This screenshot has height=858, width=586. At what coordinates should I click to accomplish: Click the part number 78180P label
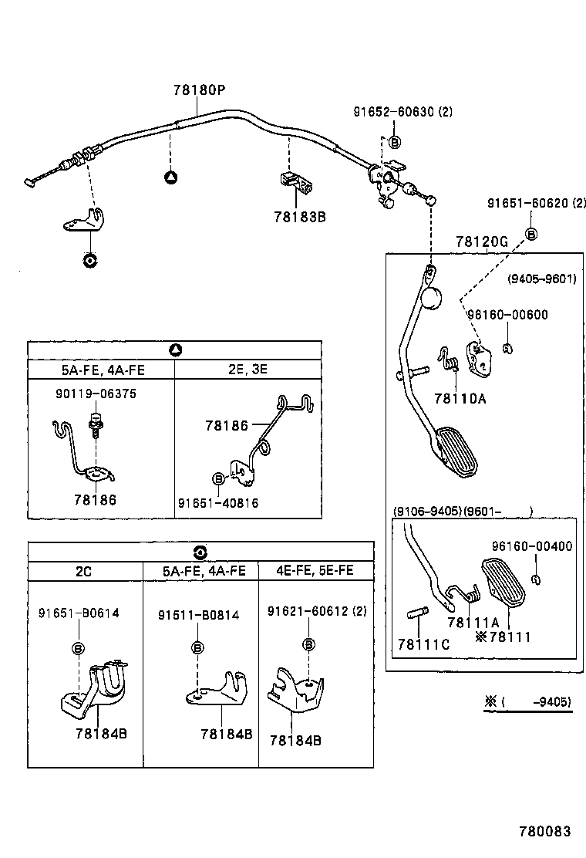[199, 90]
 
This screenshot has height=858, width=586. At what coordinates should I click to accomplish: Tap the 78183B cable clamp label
[299, 217]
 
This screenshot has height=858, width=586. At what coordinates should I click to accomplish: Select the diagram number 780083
[544, 832]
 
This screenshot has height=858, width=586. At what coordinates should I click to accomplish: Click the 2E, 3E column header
[248, 369]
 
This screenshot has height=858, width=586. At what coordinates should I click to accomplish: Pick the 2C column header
[84, 571]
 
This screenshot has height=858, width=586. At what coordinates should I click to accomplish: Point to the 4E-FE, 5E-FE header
[315, 571]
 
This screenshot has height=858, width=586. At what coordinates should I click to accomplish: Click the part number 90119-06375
[96, 394]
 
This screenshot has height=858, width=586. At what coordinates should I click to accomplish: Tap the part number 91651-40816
[218, 503]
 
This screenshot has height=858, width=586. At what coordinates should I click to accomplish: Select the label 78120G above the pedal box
[481, 242]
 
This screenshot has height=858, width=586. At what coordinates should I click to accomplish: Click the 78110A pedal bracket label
[460, 398]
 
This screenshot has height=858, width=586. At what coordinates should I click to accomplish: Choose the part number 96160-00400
[531, 546]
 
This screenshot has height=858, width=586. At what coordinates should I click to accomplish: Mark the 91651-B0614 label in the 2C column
[79, 613]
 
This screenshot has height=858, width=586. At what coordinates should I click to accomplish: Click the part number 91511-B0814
[198, 615]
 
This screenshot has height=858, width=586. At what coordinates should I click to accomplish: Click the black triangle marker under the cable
[171, 177]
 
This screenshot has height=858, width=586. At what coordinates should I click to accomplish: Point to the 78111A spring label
[473, 622]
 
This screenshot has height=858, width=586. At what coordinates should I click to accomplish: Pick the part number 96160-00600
[507, 314]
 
